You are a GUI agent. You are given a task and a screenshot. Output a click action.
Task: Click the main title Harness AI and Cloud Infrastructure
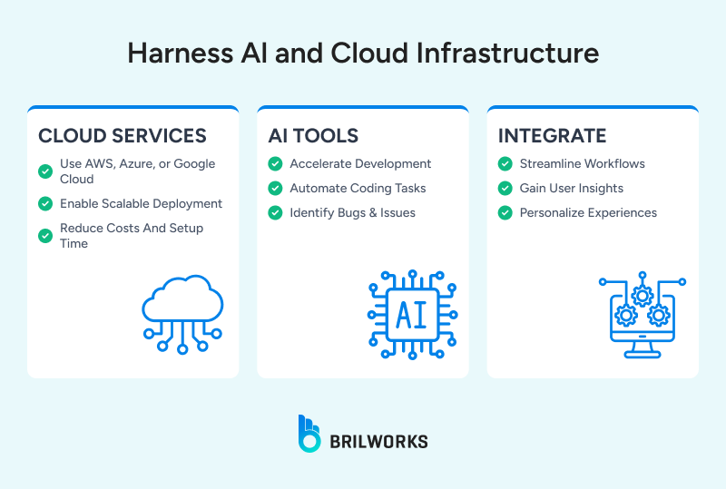pos(363,54)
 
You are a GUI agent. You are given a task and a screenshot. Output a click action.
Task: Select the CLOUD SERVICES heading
pos(123,136)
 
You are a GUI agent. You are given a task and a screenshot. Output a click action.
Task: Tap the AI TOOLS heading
pos(313,136)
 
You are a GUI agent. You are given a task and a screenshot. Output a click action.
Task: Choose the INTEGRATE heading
pos(552,136)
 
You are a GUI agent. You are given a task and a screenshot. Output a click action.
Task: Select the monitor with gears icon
pos(642,313)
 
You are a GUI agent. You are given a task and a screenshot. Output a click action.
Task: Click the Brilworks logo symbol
pos(309,434)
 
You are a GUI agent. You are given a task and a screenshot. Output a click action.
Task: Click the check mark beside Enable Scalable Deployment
pos(44,204)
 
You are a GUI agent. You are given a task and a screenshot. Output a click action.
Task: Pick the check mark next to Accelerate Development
pos(275,164)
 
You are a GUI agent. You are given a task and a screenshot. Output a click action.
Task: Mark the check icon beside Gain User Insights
pos(505,189)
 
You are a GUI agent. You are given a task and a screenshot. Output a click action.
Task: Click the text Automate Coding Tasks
pos(358,189)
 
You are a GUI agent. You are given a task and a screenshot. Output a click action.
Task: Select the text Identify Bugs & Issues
pos(352,213)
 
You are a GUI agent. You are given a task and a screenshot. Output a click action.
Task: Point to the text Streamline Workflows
pos(582,164)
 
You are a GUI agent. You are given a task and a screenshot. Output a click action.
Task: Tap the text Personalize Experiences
pos(588,213)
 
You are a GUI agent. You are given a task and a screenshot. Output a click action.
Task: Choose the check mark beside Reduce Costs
pos(44,235)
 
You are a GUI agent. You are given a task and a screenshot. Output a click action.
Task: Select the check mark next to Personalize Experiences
pos(505,213)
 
